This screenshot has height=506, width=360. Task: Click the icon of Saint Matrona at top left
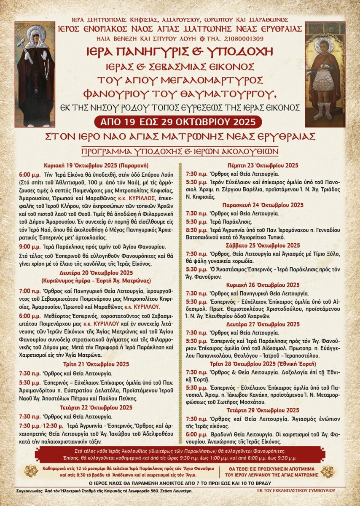[35, 74]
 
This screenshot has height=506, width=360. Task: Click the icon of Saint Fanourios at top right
[325, 74]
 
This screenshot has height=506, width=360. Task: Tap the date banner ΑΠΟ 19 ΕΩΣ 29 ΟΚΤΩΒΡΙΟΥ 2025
[180, 122]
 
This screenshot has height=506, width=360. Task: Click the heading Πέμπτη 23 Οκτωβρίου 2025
[263, 165]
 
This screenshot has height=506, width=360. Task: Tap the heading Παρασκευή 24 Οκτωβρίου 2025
[263, 205]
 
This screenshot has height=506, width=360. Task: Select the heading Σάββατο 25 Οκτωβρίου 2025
[263, 245]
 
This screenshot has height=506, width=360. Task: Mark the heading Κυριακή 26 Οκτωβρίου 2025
[263, 285]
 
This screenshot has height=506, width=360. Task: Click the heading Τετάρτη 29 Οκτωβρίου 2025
[263, 410]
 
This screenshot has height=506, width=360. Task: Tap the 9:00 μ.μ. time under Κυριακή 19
[30, 246]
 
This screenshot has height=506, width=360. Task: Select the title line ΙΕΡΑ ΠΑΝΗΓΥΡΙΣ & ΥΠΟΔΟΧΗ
[180, 52]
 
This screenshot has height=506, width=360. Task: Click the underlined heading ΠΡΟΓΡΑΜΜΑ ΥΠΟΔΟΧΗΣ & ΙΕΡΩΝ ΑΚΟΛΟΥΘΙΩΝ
[180, 151]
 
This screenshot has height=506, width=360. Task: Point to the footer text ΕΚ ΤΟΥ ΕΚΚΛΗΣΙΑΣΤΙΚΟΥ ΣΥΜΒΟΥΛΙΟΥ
[296, 491]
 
